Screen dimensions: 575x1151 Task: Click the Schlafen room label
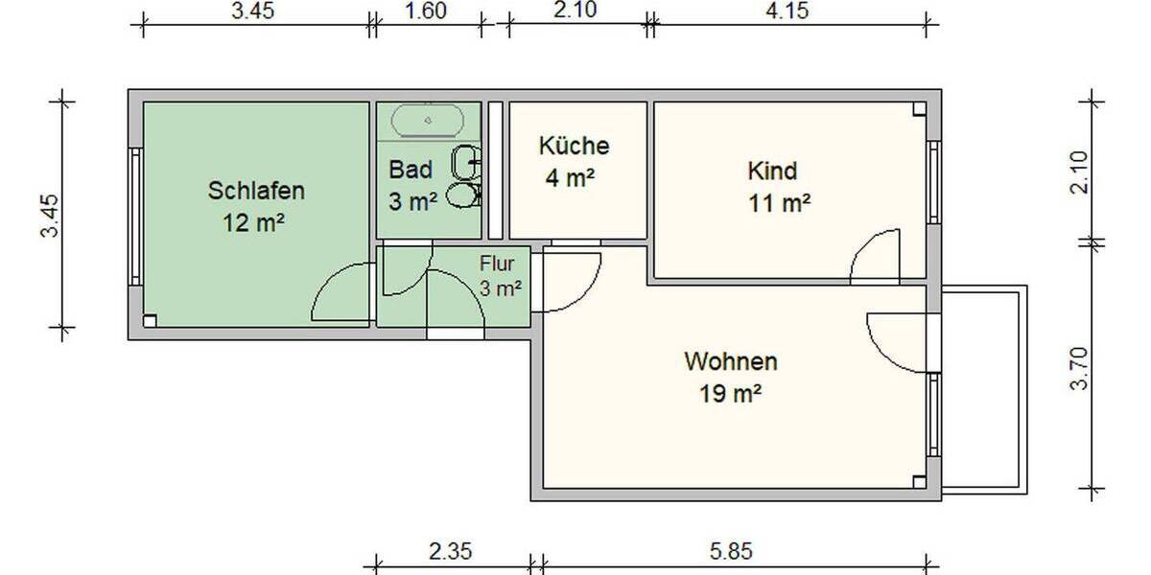tap(256, 191)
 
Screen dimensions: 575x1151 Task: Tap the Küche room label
tap(574, 146)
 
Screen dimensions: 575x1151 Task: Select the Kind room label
tap(772, 171)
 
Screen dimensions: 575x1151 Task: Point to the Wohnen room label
tap(730, 362)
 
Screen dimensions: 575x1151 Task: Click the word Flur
tap(499, 262)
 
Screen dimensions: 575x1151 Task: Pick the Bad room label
tap(411, 170)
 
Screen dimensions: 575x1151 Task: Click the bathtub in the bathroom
tap(429, 121)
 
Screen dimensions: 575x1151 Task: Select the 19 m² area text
tap(731, 392)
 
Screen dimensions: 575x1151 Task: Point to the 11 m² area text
tap(780, 202)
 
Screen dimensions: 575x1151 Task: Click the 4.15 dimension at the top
tap(788, 11)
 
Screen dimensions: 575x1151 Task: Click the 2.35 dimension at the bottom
tap(451, 551)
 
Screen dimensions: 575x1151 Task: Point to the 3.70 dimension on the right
tap(1080, 368)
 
